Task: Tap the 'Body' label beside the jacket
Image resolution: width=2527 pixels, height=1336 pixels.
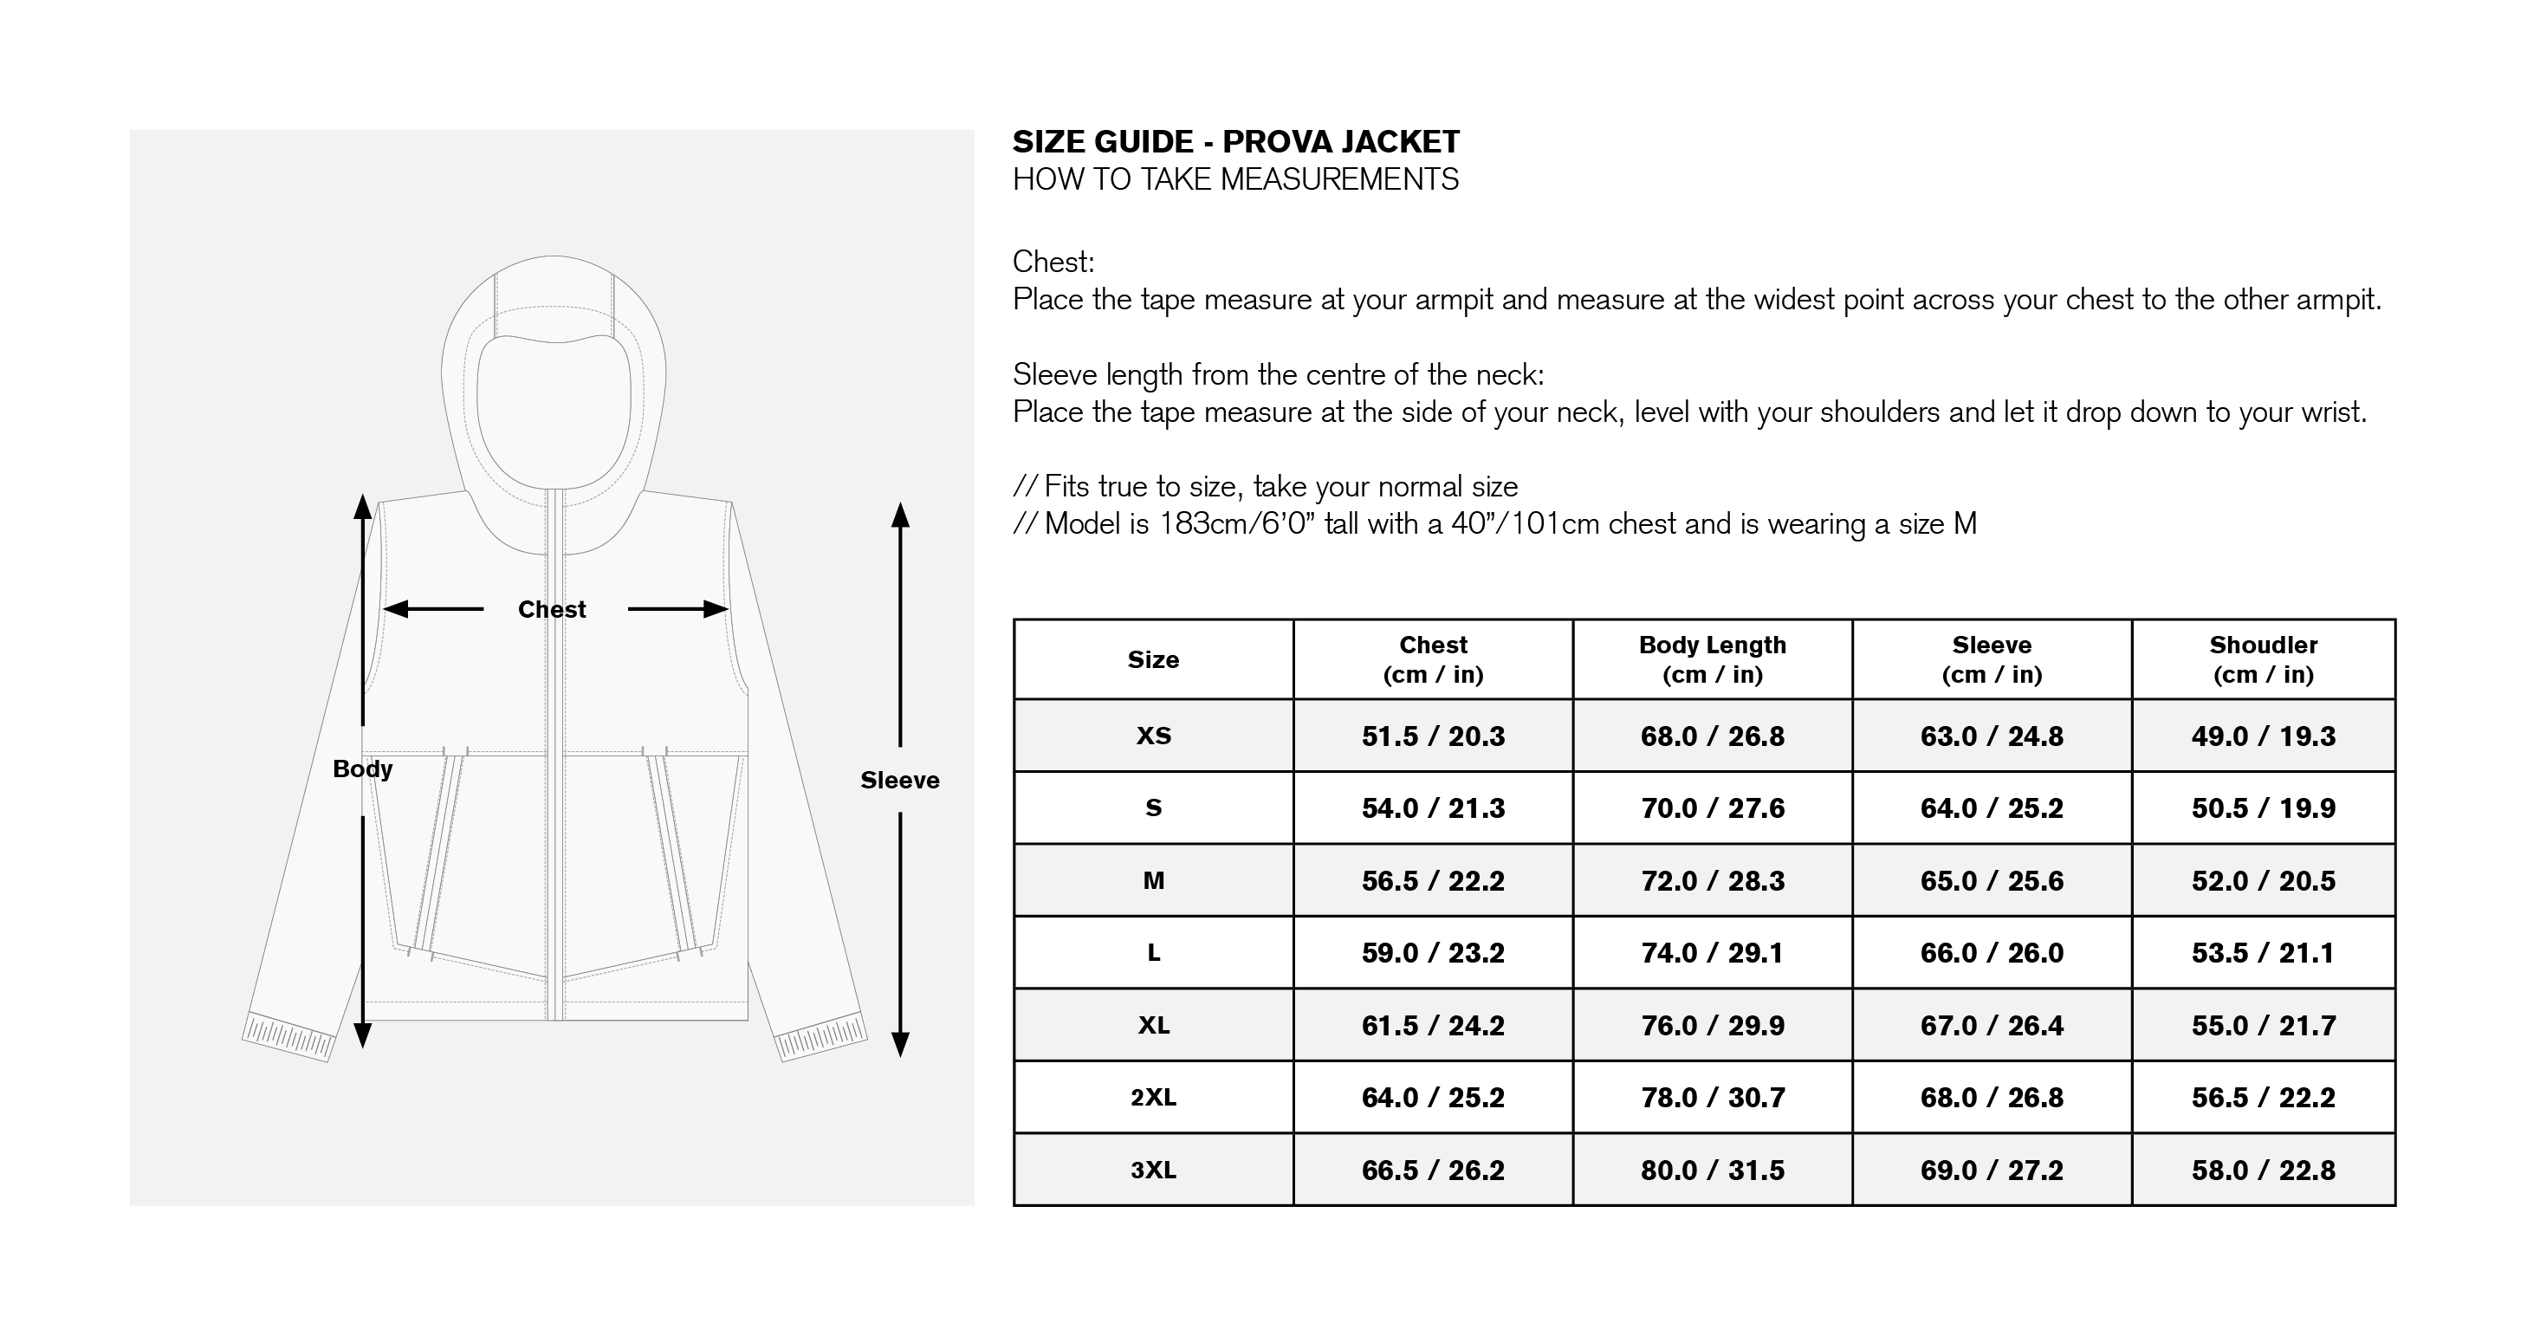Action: click(362, 769)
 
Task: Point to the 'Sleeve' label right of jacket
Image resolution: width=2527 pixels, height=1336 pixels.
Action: click(899, 780)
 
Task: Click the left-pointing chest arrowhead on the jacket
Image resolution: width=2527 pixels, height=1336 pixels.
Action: click(395, 609)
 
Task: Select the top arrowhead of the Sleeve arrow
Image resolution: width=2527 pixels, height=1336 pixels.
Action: click(901, 514)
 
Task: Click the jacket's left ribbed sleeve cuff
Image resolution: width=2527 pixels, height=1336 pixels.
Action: click(288, 1036)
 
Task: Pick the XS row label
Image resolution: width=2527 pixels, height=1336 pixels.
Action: click(1154, 736)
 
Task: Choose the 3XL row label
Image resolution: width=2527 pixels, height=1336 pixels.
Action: click(1154, 1170)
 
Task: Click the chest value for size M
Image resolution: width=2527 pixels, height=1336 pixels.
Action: click(1432, 881)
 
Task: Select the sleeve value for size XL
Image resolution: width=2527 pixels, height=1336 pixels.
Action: click(1992, 1025)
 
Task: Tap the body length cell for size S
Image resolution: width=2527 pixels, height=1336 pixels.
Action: click(1712, 808)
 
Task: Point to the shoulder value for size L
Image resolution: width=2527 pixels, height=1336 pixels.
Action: click(2263, 952)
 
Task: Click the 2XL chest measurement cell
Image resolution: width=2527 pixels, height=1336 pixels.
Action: click(1432, 1097)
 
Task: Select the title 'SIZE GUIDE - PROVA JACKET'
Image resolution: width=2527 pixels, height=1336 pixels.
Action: click(1236, 142)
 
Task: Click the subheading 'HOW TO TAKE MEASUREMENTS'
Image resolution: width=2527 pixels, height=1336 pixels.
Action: click(1236, 179)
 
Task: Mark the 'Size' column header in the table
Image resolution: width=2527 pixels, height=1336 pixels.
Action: click(1153, 659)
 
